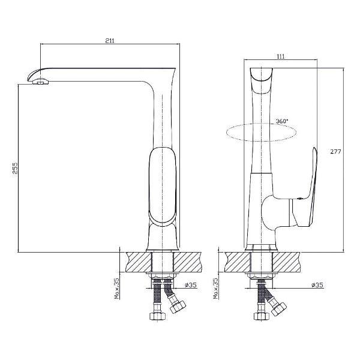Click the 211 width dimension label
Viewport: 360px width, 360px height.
pos(110,41)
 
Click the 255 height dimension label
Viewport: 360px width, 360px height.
pos(15,168)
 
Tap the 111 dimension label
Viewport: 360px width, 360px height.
pos(281,56)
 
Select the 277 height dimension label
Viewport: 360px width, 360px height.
pos(335,152)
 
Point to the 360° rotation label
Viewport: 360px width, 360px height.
pos(282,121)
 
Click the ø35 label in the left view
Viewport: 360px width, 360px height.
pos(191,285)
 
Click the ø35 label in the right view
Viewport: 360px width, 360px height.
pos(317,285)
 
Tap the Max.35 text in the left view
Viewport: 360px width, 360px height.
pos(117,289)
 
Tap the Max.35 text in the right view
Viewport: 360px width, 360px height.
pos(216,289)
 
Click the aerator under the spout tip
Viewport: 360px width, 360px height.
pos(40,81)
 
